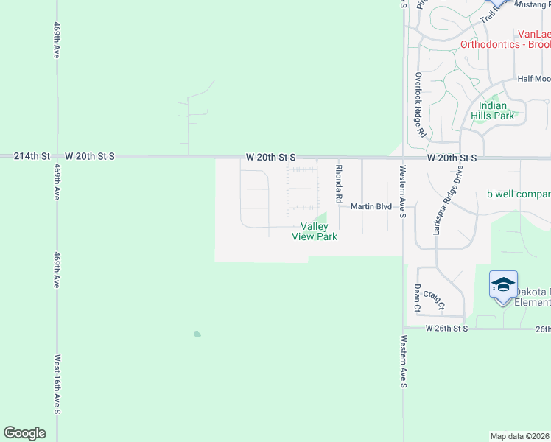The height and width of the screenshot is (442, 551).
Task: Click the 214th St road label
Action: point(35,156)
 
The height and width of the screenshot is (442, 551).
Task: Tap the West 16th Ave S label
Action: point(57,385)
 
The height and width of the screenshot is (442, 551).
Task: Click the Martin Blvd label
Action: point(371,207)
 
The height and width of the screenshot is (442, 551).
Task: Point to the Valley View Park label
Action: point(315,231)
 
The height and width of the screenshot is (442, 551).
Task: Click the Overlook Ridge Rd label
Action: point(419,105)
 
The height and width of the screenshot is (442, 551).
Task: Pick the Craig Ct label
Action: point(435,300)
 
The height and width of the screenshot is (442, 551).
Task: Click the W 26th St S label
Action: point(446,329)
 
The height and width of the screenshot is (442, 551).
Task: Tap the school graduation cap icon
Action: point(503,286)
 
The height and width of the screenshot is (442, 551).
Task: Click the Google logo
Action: point(25,433)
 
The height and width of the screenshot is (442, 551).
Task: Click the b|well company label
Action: point(519,194)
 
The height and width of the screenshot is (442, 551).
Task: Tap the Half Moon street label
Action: point(533,79)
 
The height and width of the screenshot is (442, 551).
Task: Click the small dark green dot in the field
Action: point(197,334)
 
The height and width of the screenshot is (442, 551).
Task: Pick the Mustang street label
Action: point(531,4)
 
